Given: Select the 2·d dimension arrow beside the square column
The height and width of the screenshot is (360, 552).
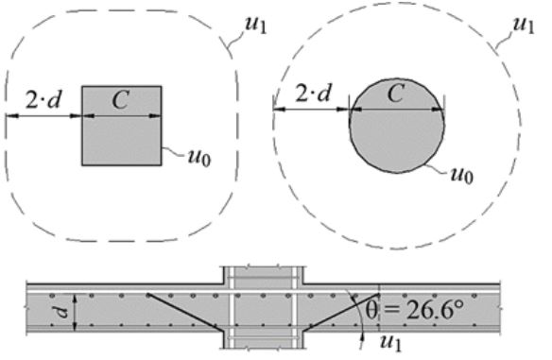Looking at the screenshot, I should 43,116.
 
